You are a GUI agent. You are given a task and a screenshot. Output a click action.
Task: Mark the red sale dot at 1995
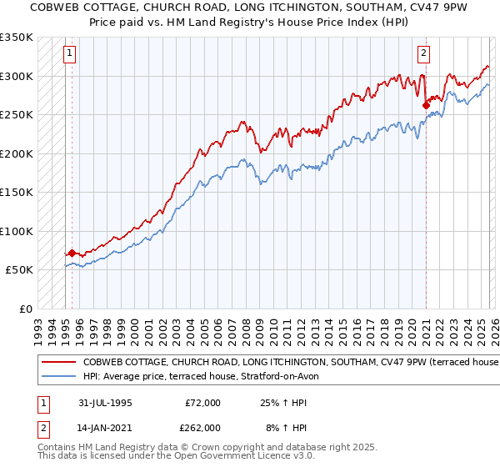coord(72,253)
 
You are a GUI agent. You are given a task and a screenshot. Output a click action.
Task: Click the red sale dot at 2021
coord(426,105)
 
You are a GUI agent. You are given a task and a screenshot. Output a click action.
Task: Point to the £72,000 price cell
coord(202,402)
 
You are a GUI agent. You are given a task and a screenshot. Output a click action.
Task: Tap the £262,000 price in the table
coord(202,427)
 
